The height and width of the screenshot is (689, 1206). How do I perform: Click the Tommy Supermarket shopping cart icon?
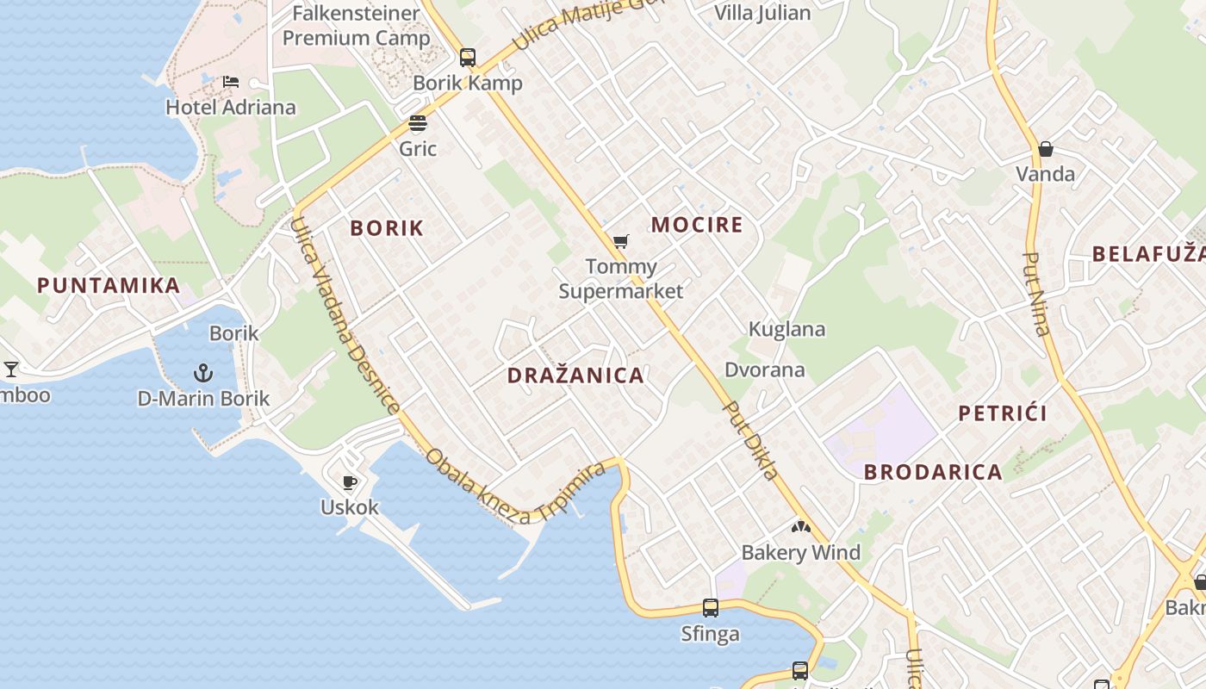pyautogui.click(x=620, y=242)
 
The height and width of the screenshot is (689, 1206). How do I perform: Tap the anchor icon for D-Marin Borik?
pyautogui.click(x=202, y=373)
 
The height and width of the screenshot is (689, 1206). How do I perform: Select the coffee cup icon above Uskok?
pyautogui.click(x=349, y=481)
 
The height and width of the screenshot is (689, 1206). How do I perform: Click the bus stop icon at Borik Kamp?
pyautogui.click(x=468, y=58)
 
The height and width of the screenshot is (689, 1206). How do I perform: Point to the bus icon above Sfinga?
pyautogui.click(x=711, y=608)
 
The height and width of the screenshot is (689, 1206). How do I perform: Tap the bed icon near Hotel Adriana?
pyautogui.click(x=231, y=82)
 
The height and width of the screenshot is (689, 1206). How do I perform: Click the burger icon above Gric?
pyautogui.click(x=418, y=124)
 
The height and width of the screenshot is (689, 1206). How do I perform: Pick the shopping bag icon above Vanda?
pyautogui.click(x=1046, y=149)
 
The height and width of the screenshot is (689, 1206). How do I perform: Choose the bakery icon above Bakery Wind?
pyautogui.click(x=801, y=526)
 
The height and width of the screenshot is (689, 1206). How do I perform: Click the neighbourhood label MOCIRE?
pyautogui.click(x=697, y=226)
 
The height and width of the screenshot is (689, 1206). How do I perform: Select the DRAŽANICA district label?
pyautogui.click(x=575, y=376)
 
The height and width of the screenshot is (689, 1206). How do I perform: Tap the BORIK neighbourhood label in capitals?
pyautogui.click(x=387, y=228)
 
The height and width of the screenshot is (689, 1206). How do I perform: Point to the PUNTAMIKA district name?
pyautogui.click(x=109, y=286)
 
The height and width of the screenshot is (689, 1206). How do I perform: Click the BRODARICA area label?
pyautogui.click(x=933, y=472)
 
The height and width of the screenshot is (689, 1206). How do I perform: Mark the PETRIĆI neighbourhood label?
pyautogui.click(x=1003, y=413)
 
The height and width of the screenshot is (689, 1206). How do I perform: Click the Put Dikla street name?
pyautogui.click(x=751, y=440)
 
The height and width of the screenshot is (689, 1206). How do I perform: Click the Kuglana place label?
pyautogui.click(x=786, y=329)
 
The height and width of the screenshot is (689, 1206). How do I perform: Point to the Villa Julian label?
pyautogui.click(x=763, y=13)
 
